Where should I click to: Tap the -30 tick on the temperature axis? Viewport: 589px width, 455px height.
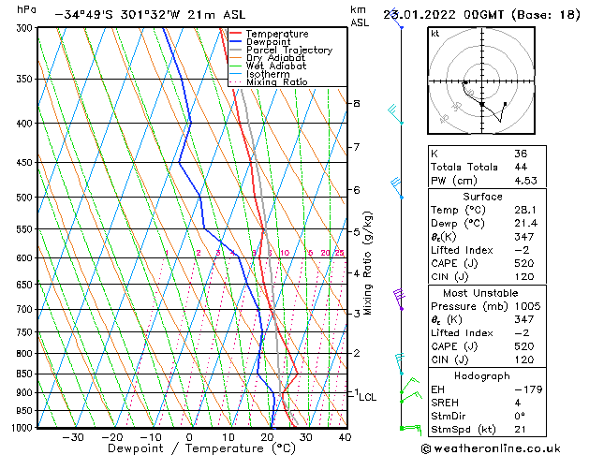coord(73,437)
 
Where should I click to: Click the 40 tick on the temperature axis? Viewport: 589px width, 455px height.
coord(345,437)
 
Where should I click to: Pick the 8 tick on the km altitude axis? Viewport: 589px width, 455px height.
coord(356,103)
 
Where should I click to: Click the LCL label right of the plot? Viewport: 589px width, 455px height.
coord(367,397)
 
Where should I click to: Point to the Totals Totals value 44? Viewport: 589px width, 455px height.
coord(521,167)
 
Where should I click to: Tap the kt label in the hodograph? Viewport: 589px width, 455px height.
coord(435,33)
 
